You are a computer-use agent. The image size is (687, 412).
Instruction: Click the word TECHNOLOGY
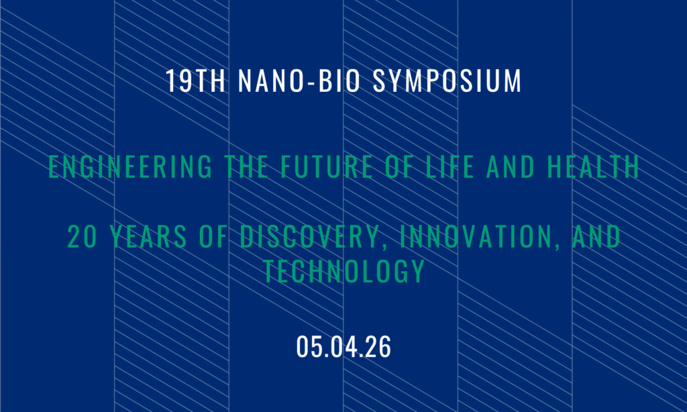pyautogui.click(x=343, y=271)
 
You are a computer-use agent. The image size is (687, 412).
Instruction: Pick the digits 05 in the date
pyautogui.click(x=309, y=348)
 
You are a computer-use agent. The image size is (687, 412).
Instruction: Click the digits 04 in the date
pyautogui.click(x=343, y=348)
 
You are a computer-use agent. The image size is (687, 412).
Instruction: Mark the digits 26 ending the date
pyautogui.click(x=378, y=348)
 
